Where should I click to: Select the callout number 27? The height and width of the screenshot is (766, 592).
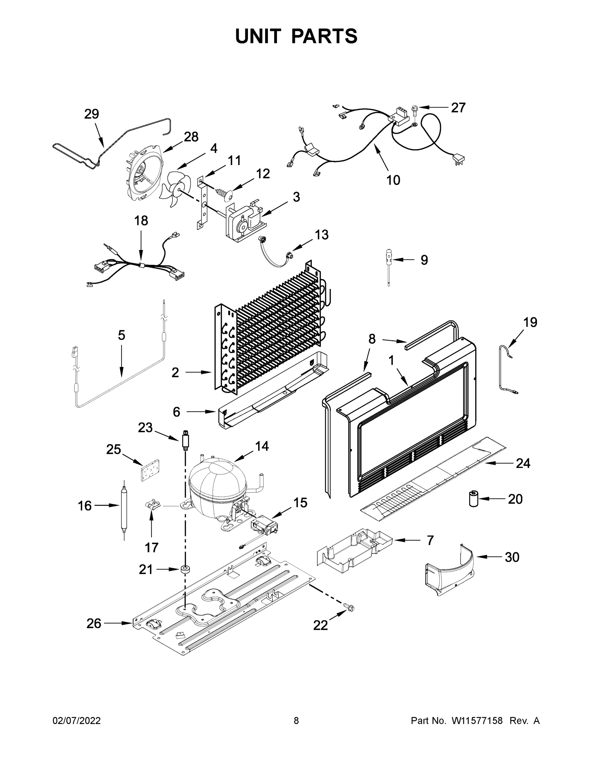click(x=458, y=108)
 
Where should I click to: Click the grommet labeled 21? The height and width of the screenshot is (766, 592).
click(x=185, y=569)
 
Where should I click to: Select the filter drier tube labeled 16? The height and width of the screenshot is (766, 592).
click(x=124, y=506)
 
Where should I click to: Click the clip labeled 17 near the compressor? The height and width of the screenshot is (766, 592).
click(x=152, y=505)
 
